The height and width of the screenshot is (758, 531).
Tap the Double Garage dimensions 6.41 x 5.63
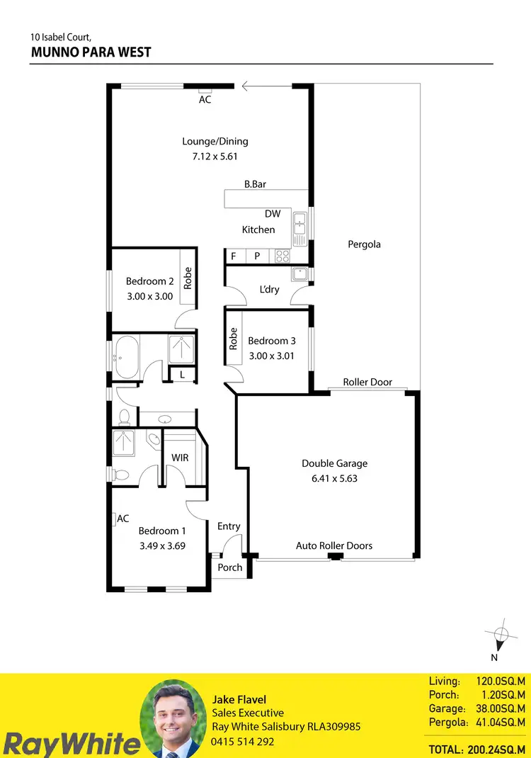[x=335, y=478]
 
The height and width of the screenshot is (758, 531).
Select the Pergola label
[x=364, y=244]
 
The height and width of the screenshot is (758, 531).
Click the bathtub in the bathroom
[x=127, y=350]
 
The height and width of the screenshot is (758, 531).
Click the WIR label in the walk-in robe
[x=180, y=458]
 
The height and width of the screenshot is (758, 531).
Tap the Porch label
[x=230, y=567]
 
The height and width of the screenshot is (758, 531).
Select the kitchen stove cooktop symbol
[x=282, y=256]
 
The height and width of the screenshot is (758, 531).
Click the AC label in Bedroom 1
[x=123, y=519]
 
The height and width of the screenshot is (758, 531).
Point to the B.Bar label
[x=255, y=184]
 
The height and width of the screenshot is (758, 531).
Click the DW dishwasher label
[x=273, y=213]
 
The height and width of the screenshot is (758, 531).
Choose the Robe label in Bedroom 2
[x=188, y=278]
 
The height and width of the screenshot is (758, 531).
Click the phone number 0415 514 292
[x=243, y=742]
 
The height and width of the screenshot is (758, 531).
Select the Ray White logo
[x=71, y=744]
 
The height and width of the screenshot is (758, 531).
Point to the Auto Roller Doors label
[x=334, y=545]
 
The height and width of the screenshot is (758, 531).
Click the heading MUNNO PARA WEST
[x=91, y=52]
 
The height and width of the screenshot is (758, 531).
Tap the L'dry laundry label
[x=270, y=289]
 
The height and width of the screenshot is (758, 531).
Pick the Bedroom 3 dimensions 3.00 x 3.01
[x=271, y=356]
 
